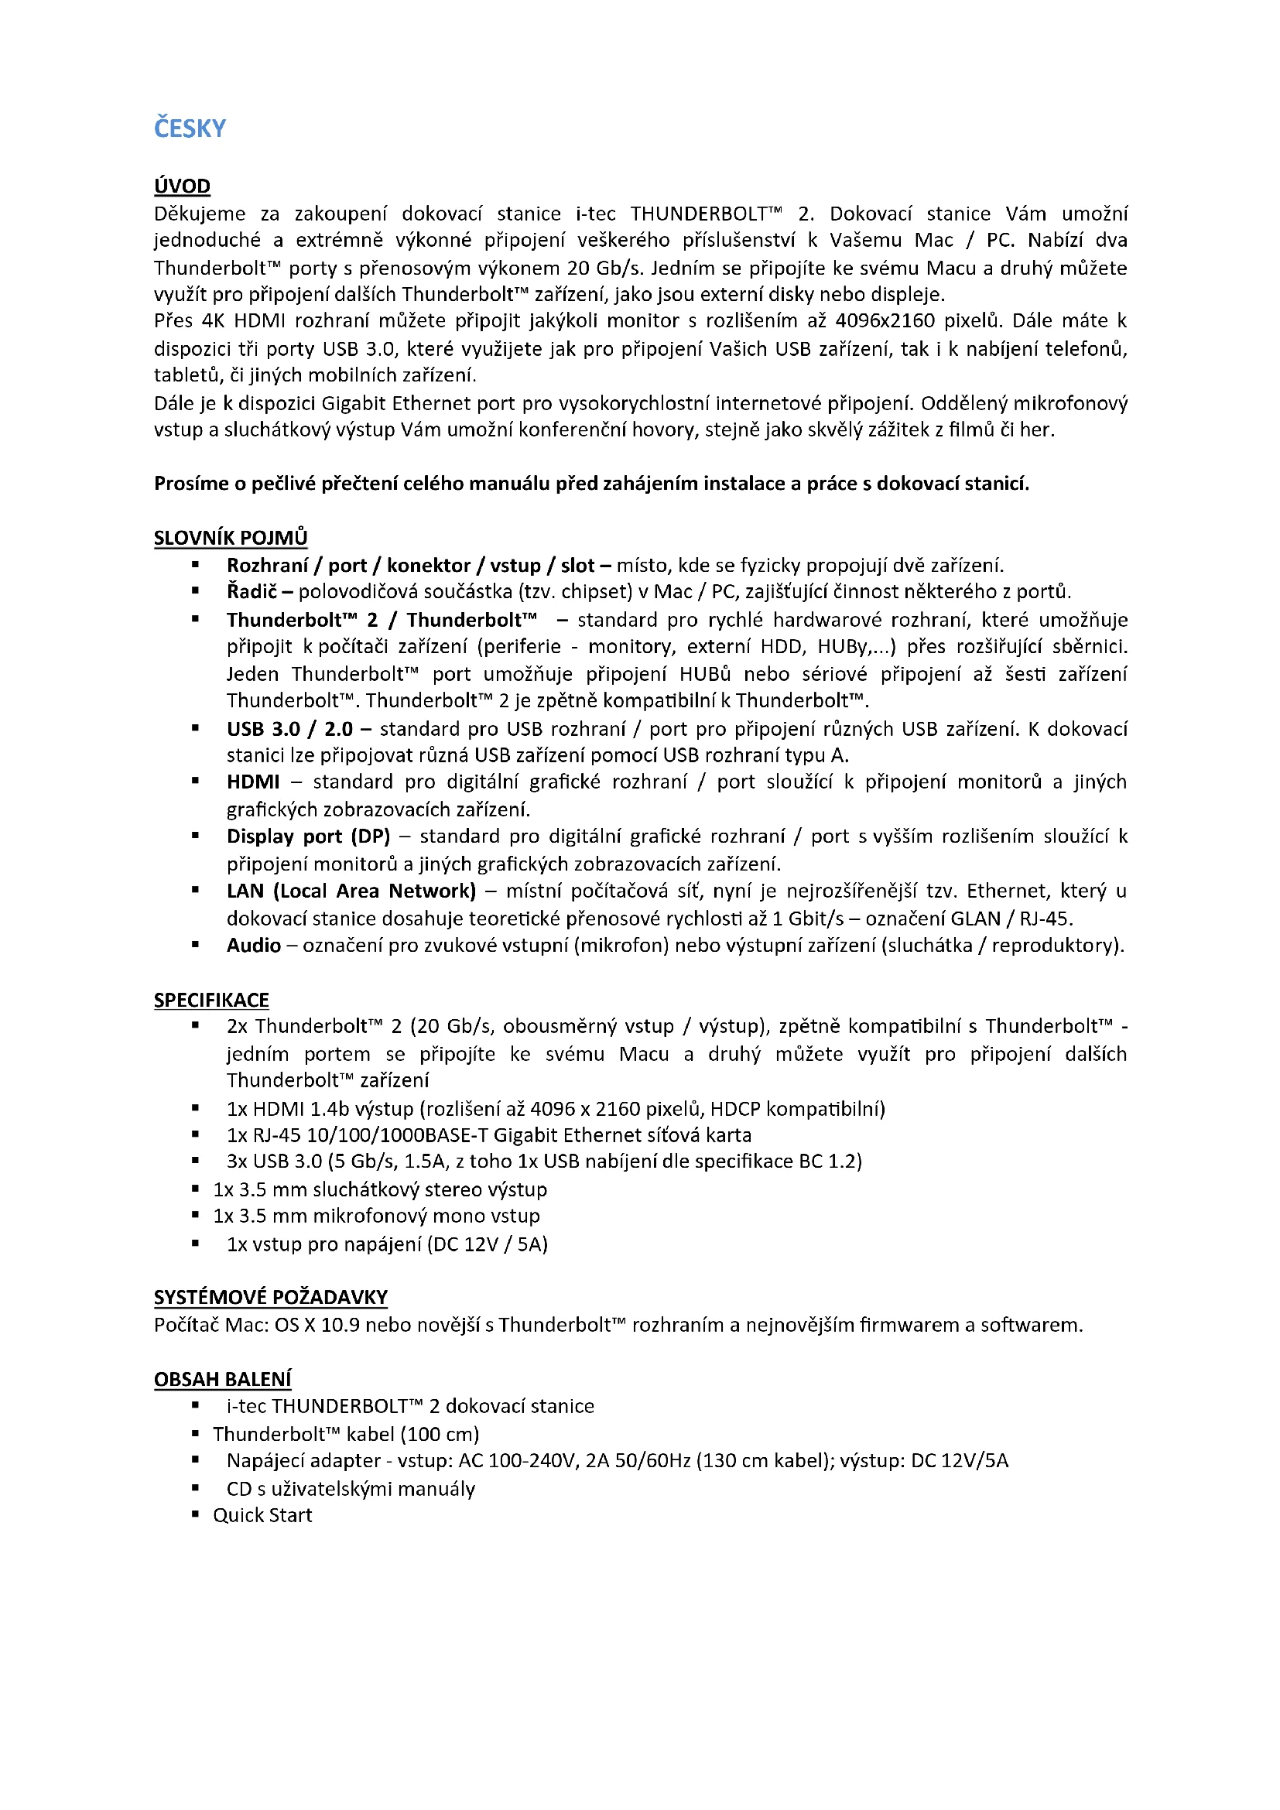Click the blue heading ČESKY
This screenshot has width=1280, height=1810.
point(190,128)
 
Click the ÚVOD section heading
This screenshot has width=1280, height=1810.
point(182,186)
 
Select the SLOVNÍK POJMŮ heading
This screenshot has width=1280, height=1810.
point(230,538)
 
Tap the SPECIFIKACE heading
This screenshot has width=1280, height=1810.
point(211,1000)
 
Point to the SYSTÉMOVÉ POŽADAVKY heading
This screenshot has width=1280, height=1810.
point(270,1297)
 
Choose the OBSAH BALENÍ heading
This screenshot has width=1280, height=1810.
point(222,1379)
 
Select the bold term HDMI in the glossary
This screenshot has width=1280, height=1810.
point(253,782)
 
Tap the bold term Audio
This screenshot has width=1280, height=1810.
point(254,945)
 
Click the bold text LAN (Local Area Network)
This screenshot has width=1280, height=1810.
point(351,891)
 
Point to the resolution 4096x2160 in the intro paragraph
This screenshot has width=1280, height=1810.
point(885,321)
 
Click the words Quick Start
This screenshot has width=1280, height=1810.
point(262,1515)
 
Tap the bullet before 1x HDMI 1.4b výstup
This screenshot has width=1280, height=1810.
point(196,1108)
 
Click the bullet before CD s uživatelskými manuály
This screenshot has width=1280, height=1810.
point(196,1488)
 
